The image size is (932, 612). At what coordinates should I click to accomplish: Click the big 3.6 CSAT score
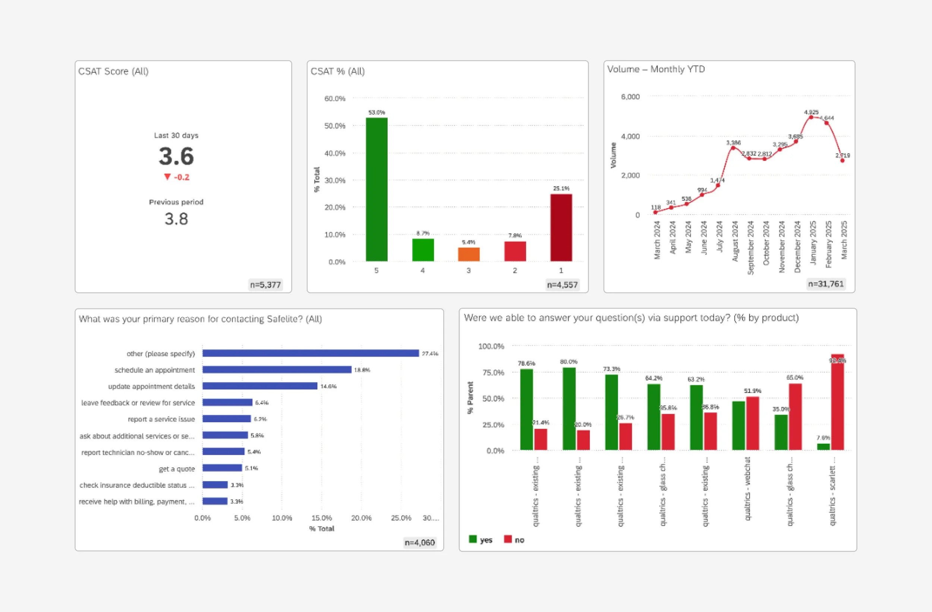point(176,156)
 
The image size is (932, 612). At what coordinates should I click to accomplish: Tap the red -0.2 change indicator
point(177,177)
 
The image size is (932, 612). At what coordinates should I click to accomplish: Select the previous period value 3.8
point(176,219)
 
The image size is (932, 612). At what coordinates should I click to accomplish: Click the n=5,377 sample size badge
point(265,285)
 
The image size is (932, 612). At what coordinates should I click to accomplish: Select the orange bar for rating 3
point(469,254)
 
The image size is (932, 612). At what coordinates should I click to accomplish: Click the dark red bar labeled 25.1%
point(561,227)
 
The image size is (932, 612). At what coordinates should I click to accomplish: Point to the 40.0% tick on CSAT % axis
point(335,153)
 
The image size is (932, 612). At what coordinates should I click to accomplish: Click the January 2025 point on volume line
point(811,117)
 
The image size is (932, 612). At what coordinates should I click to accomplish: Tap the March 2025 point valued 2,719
point(842,161)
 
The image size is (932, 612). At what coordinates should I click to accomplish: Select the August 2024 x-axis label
point(735,241)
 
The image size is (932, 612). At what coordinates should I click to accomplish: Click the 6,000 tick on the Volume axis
point(630,97)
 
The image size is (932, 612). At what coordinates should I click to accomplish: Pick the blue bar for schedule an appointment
point(277,370)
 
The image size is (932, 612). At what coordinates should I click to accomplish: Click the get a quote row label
point(177,469)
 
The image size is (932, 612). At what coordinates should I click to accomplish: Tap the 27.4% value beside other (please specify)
point(429,354)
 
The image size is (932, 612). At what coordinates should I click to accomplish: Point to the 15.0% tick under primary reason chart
point(321,518)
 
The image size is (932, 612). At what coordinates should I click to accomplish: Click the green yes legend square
point(473,539)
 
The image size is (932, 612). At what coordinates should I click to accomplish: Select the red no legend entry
point(514,540)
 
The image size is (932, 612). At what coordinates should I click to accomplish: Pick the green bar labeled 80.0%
point(569,409)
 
